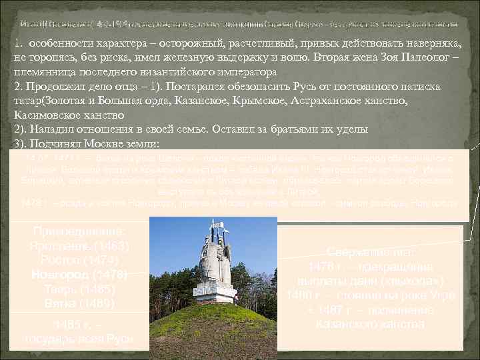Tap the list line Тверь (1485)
pyautogui.click(x=80, y=289)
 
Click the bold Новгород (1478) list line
pyautogui.click(x=80, y=275)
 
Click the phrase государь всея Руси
pyautogui.click(x=80, y=339)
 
